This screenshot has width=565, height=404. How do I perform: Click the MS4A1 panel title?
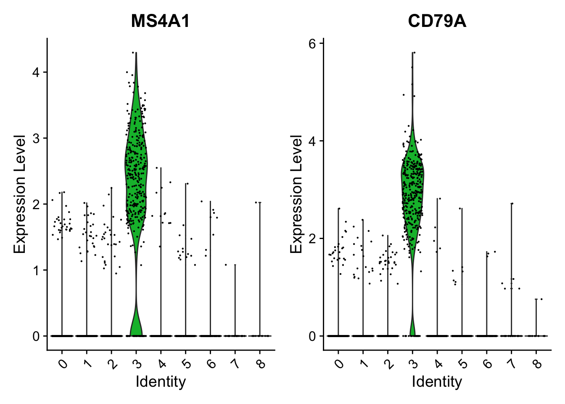[160, 21]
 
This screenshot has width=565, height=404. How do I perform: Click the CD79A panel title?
[437, 21]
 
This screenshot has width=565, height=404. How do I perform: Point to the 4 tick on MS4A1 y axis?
[37, 72]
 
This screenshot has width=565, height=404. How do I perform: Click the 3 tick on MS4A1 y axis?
[37, 138]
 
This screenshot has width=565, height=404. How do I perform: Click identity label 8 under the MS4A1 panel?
[261, 363]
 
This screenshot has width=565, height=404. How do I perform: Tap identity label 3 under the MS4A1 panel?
[137, 363]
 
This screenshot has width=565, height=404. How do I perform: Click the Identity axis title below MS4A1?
[160, 382]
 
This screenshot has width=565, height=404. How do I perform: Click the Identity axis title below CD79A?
[437, 382]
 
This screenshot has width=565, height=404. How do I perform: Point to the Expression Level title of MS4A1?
[20, 194]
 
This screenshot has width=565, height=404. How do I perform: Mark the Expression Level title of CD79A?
[296, 194]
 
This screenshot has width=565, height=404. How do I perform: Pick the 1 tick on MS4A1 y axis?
[37, 270]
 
